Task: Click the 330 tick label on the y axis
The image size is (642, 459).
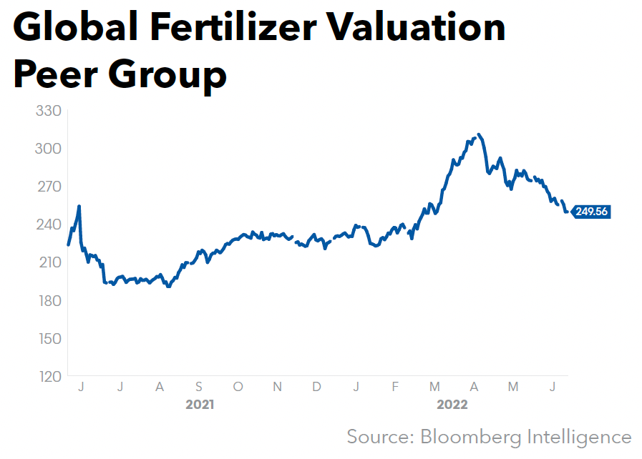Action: (x=48, y=112)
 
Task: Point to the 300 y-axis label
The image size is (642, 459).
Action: (x=48, y=149)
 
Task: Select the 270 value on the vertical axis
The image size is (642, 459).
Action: (x=48, y=187)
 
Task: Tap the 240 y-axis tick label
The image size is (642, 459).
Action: (x=48, y=225)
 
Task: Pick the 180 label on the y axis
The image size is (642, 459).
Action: (x=48, y=301)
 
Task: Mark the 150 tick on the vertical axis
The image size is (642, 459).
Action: (x=48, y=339)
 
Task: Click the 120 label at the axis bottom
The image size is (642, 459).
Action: (x=48, y=377)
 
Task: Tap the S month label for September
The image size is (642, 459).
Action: (x=199, y=387)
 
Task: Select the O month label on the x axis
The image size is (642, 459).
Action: (x=238, y=387)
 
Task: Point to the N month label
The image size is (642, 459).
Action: (x=278, y=387)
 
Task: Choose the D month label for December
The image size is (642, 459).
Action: (x=316, y=387)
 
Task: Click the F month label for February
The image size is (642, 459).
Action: (x=394, y=387)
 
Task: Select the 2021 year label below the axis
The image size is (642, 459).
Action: (x=200, y=405)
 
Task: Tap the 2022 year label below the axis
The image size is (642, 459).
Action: (x=452, y=405)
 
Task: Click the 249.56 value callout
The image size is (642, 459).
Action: (x=591, y=212)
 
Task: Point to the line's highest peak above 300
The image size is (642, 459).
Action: (x=478, y=134)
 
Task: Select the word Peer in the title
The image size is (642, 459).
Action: (x=57, y=74)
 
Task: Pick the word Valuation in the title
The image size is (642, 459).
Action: (x=426, y=27)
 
